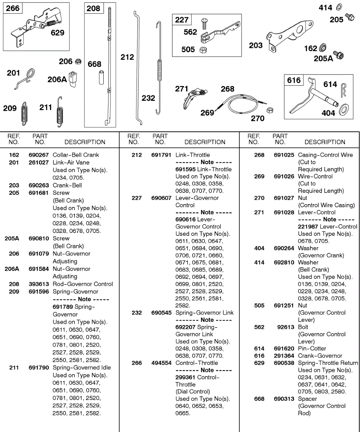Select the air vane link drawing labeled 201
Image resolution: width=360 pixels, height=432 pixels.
point(27,78)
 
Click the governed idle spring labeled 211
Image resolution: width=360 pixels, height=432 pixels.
point(60,112)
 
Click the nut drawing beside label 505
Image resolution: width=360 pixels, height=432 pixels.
point(203,49)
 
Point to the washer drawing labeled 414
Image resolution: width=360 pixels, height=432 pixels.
point(339,7)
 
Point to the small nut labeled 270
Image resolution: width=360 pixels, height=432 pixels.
point(269,110)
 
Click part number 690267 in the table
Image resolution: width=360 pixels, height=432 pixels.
point(39,155)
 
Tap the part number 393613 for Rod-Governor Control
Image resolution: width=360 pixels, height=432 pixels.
point(39,284)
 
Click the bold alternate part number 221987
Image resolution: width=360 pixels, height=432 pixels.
point(308,226)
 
